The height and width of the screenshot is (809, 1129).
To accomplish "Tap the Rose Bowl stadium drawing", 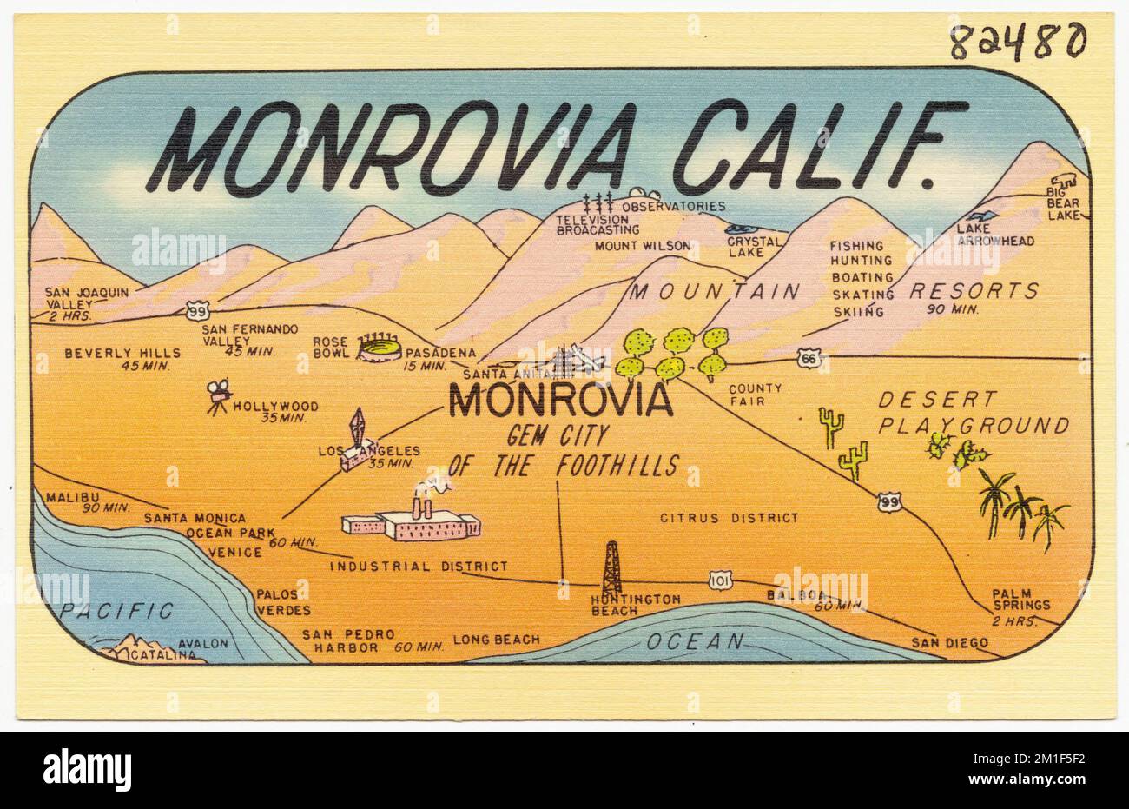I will [380, 348].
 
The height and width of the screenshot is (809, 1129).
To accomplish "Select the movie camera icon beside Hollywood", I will [219, 396].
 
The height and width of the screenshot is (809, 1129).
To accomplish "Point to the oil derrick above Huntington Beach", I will [612, 567].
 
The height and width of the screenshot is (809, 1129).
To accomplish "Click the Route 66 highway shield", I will [809, 356].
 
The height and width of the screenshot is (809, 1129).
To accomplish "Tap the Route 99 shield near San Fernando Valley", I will [196, 308].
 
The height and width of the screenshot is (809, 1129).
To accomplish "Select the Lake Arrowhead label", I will [995, 235].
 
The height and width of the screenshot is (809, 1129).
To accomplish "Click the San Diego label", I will [949, 643].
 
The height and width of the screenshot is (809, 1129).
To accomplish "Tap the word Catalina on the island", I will [162, 655].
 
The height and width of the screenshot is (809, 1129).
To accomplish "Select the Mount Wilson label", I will [643, 246].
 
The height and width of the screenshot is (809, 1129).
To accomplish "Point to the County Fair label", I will [755, 395].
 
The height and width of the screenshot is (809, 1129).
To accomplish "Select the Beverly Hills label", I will [122, 353].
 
